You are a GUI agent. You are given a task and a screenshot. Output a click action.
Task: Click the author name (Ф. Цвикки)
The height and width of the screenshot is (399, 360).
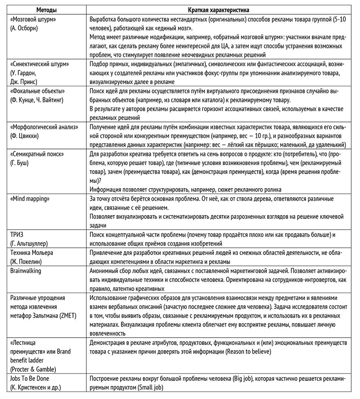[23, 135]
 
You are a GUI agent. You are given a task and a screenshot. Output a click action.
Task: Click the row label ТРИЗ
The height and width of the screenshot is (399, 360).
[15, 235]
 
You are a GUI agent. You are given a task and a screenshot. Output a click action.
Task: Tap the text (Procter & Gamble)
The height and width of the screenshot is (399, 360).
[32, 369]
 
